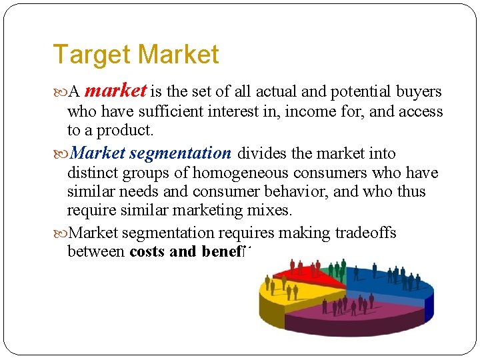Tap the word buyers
point(419,91)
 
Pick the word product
point(128,130)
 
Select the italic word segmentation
point(180,153)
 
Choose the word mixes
point(271,211)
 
